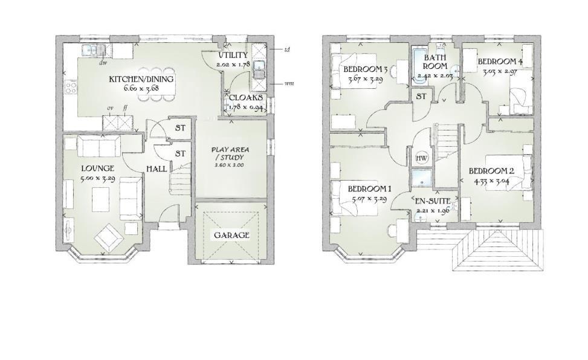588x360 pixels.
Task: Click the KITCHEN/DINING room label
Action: pyautogui.click(x=141, y=79)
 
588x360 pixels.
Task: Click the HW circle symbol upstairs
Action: pyautogui.click(x=421, y=158)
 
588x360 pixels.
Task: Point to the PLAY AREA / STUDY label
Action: pyautogui.click(x=230, y=153)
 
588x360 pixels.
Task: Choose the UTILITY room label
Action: pyautogui.click(x=233, y=55)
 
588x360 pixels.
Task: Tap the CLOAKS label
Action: pyautogui.click(x=245, y=97)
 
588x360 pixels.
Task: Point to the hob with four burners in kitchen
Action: pyautogui.click(x=71, y=86)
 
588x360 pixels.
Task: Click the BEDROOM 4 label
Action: pyautogui.click(x=499, y=62)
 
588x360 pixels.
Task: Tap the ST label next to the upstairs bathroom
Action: pyautogui.click(x=421, y=96)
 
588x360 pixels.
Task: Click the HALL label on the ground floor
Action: pyautogui.click(x=157, y=169)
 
